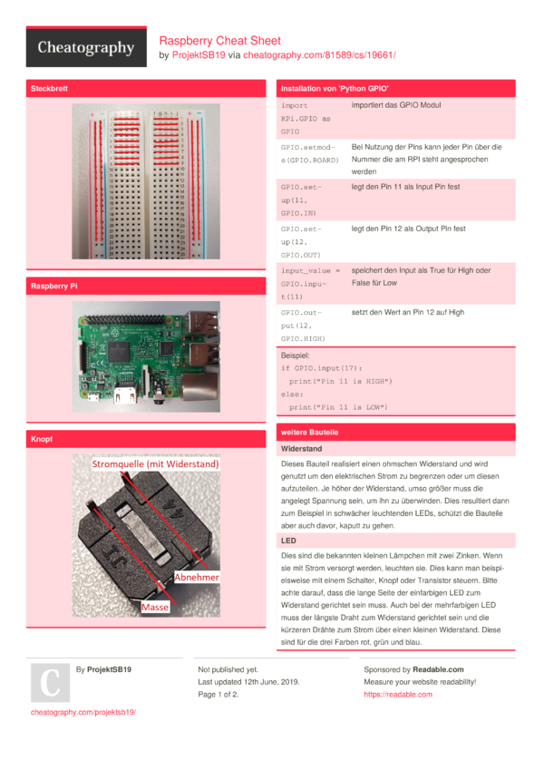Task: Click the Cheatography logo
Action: pyautogui.click(x=86, y=49)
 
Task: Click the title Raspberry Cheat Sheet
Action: pyautogui.click(x=220, y=41)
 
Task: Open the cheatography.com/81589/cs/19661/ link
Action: pyautogui.click(x=319, y=55)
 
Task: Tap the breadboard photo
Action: pyautogui.click(x=145, y=181)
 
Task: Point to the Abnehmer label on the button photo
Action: pyautogui.click(x=197, y=577)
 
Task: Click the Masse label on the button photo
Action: pyautogui.click(x=155, y=607)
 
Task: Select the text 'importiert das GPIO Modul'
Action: pyautogui.click(x=396, y=105)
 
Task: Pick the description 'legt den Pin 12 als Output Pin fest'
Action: pyautogui.click(x=408, y=229)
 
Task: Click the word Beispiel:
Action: pyautogui.click(x=296, y=356)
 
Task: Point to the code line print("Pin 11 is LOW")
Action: pyautogui.click(x=340, y=406)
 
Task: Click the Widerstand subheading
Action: pyautogui.click(x=302, y=449)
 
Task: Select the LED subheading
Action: pyautogui.click(x=289, y=541)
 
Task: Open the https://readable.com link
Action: pyautogui.click(x=398, y=695)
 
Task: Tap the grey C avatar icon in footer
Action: pyautogui.click(x=51, y=683)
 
